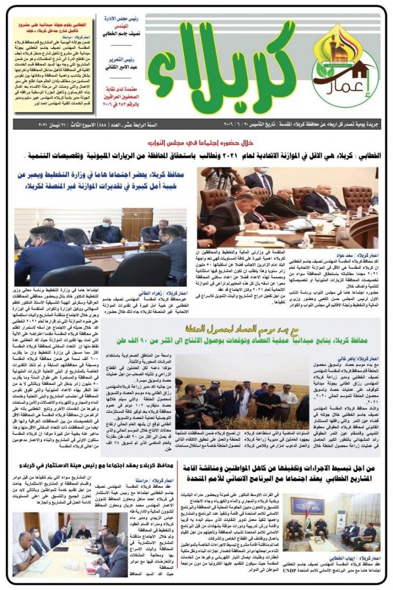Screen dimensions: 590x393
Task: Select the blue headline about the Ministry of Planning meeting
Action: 101,180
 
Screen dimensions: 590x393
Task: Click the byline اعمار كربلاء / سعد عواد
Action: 360,255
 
